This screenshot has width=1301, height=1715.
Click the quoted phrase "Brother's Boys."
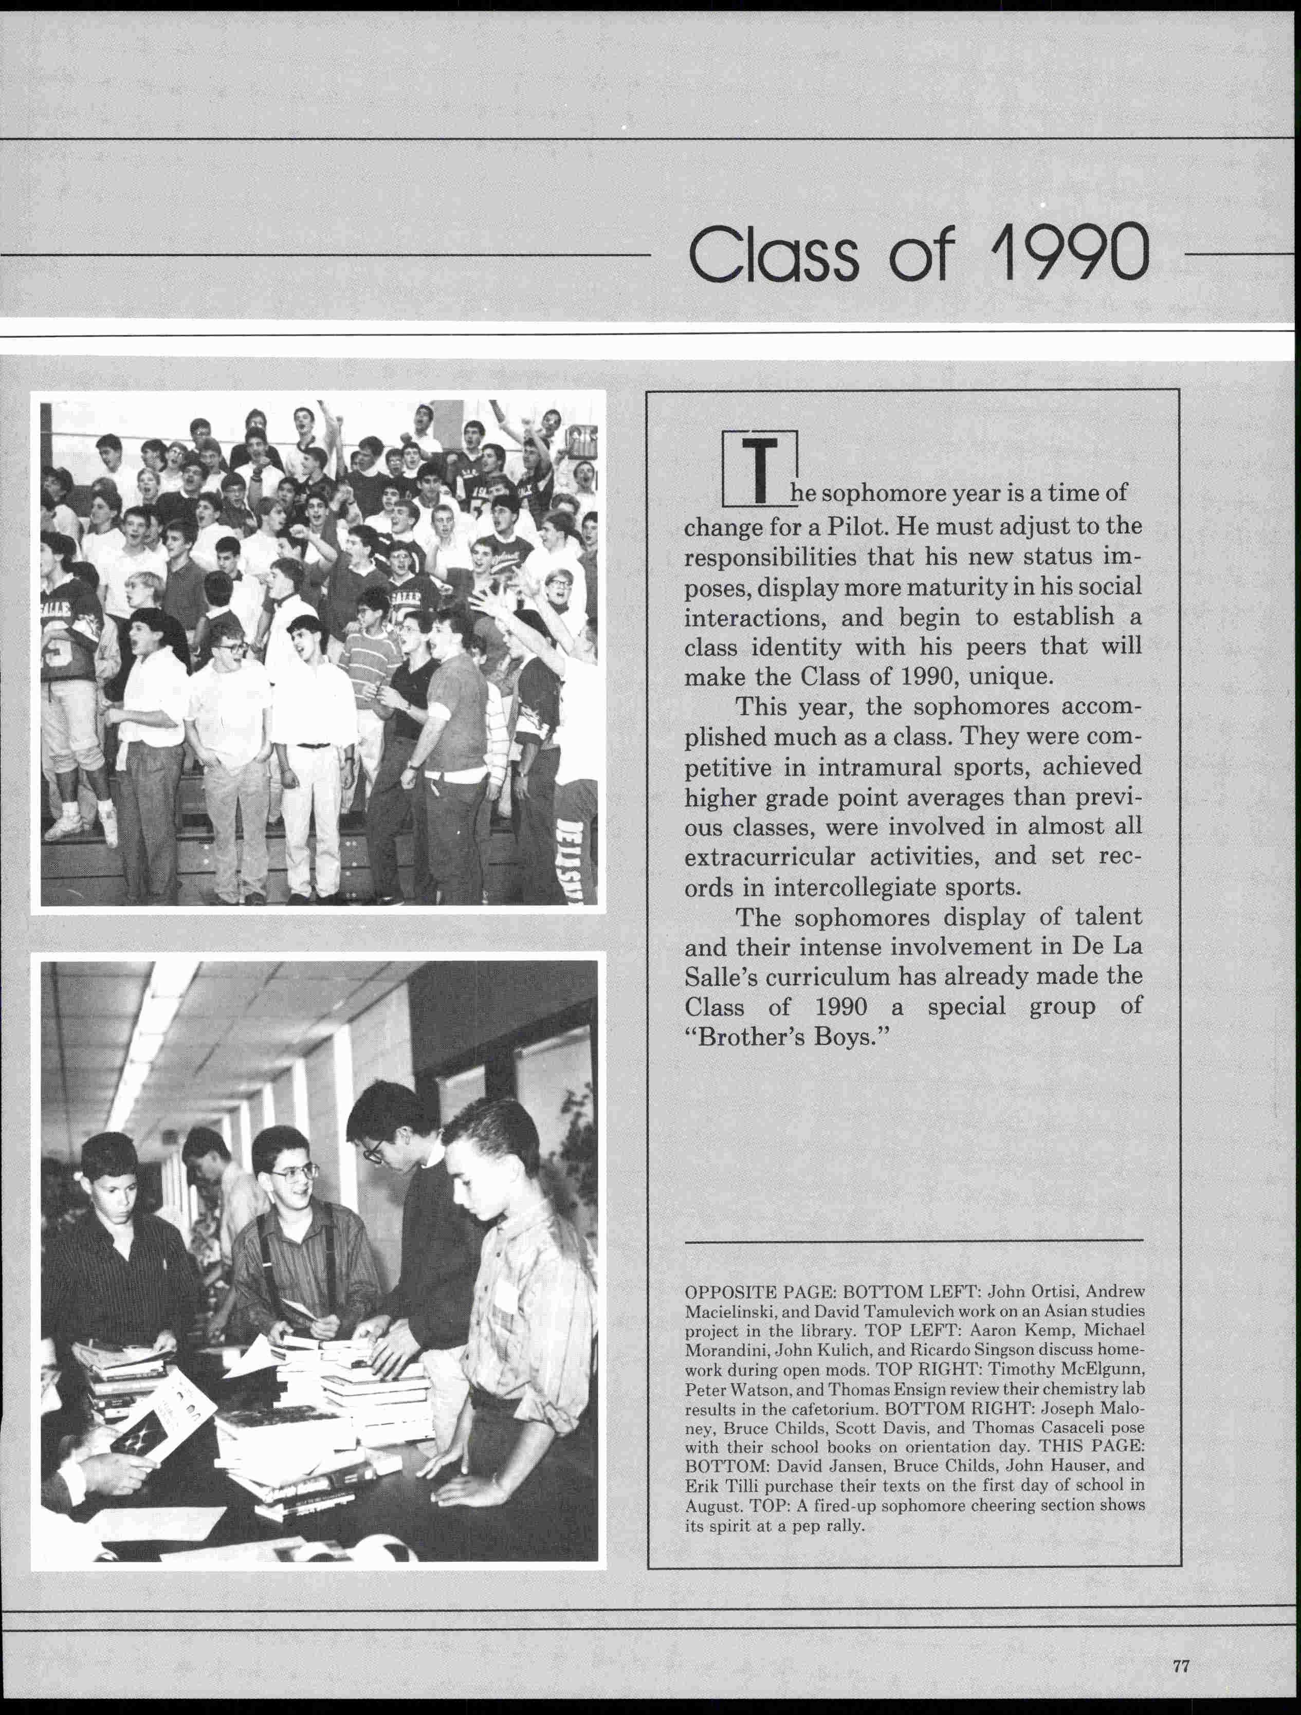(x=785, y=1037)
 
